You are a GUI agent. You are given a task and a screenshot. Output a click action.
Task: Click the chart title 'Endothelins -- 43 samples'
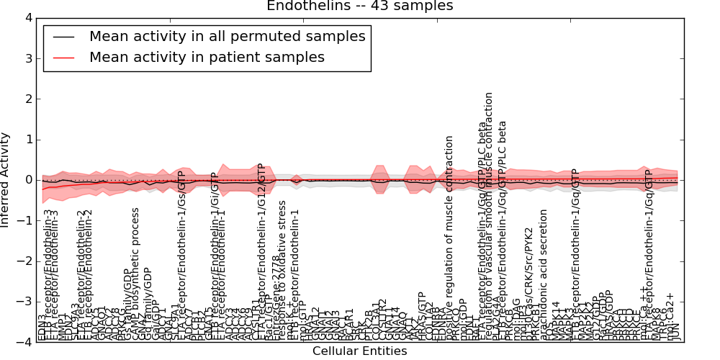tap(360, 6)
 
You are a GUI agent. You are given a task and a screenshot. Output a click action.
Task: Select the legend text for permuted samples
tap(227, 36)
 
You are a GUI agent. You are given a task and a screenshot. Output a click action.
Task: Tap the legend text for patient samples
tap(207, 57)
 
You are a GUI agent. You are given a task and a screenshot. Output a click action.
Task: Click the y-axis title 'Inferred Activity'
tap(6, 179)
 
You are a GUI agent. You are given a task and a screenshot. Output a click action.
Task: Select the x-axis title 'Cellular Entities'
tap(359, 351)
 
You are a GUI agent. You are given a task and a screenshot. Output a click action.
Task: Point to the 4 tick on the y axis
tap(28, 18)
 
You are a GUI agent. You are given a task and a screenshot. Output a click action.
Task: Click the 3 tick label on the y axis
tap(28, 58)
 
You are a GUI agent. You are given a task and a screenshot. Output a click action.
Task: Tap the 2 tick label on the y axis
tap(28, 99)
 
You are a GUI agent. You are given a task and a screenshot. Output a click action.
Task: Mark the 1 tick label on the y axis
tap(28, 140)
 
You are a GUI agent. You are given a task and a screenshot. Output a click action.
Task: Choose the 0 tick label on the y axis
tap(28, 180)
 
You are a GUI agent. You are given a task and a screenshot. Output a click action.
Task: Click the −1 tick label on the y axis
tap(26, 221)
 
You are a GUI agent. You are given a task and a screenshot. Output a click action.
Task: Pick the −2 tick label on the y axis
tap(26, 261)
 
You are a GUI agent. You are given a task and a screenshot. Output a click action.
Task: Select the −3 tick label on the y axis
tap(26, 302)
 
